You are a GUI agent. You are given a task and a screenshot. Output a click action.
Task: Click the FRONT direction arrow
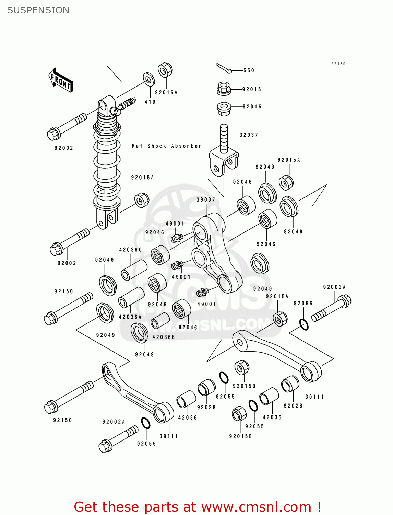click(60, 80)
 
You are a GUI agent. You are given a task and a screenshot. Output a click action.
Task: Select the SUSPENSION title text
click(38, 10)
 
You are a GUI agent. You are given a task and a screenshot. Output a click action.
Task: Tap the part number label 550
click(249, 70)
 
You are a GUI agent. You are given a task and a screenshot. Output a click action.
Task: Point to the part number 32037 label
click(249, 135)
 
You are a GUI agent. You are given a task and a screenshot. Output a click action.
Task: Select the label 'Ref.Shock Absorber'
click(167, 146)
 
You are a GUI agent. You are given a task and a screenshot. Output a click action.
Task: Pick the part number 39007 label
click(206, 200)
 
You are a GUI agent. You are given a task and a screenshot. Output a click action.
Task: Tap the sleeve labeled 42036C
click(134, 270)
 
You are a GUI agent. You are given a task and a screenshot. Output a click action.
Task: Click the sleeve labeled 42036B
click(160, 321)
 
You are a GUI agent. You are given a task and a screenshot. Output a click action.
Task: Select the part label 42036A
click(130, 317)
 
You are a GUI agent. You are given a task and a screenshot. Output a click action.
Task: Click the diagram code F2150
click(338, 64)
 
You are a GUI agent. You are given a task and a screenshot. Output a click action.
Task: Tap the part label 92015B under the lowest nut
click(240, 436)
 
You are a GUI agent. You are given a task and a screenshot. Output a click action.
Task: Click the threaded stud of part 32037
click(224, 137)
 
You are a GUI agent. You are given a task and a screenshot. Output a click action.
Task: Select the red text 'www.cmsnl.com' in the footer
click(256, 507)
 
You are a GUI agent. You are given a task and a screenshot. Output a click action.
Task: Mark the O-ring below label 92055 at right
click(304, 324)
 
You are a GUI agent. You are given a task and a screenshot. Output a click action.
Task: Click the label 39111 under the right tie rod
click(314, 397)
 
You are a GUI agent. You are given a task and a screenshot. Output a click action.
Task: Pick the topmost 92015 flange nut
click(224, 89)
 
